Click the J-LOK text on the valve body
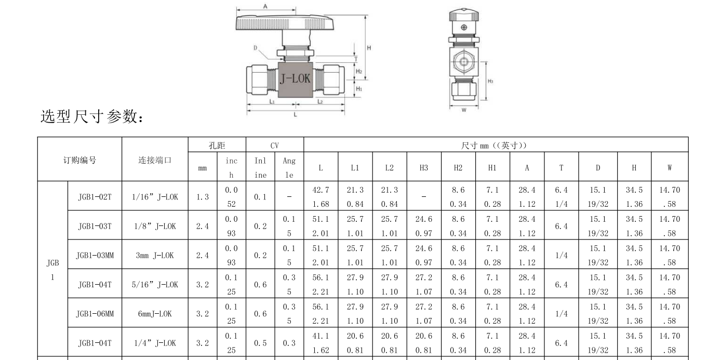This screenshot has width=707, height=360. (x=295, y=78)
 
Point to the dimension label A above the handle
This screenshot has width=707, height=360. (x=265, y=6)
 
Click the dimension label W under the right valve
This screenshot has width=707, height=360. (x=464, y=110)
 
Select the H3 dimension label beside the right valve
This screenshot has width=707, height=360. (x=490, y=82)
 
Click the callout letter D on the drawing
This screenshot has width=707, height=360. (x=256, y=48)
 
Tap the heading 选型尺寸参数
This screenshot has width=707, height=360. (x=92, y=116)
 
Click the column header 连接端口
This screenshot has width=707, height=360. (x=155, y=161)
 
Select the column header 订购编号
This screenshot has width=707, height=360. (x=79, y=161)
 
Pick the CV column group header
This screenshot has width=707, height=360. (x=275, y=145)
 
